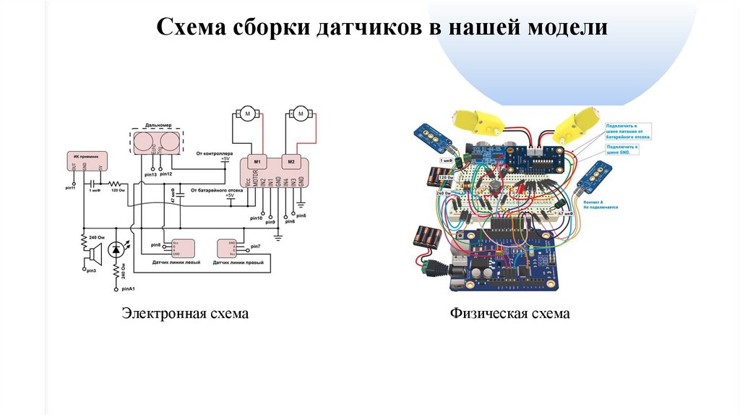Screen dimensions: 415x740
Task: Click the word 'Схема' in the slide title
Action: (x=190, y=28)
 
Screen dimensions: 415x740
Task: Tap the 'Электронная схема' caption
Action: (x=184, y=314)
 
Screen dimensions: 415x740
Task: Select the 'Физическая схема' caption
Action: (x=509, y=314)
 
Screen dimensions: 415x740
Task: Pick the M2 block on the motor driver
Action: (x=291, y=161)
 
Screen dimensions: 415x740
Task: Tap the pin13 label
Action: (x=150, y=175)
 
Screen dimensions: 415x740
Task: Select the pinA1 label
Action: (x=129, y=289)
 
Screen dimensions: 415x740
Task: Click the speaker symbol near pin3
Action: (x=92, y=254)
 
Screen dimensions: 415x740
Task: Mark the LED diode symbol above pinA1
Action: (x=116, y=251)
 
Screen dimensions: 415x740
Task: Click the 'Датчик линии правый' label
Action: (x=237, y=263)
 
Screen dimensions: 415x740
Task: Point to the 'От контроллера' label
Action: (x=214, y=153)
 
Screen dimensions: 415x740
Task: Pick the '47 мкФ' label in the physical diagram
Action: (x=564, y=214)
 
